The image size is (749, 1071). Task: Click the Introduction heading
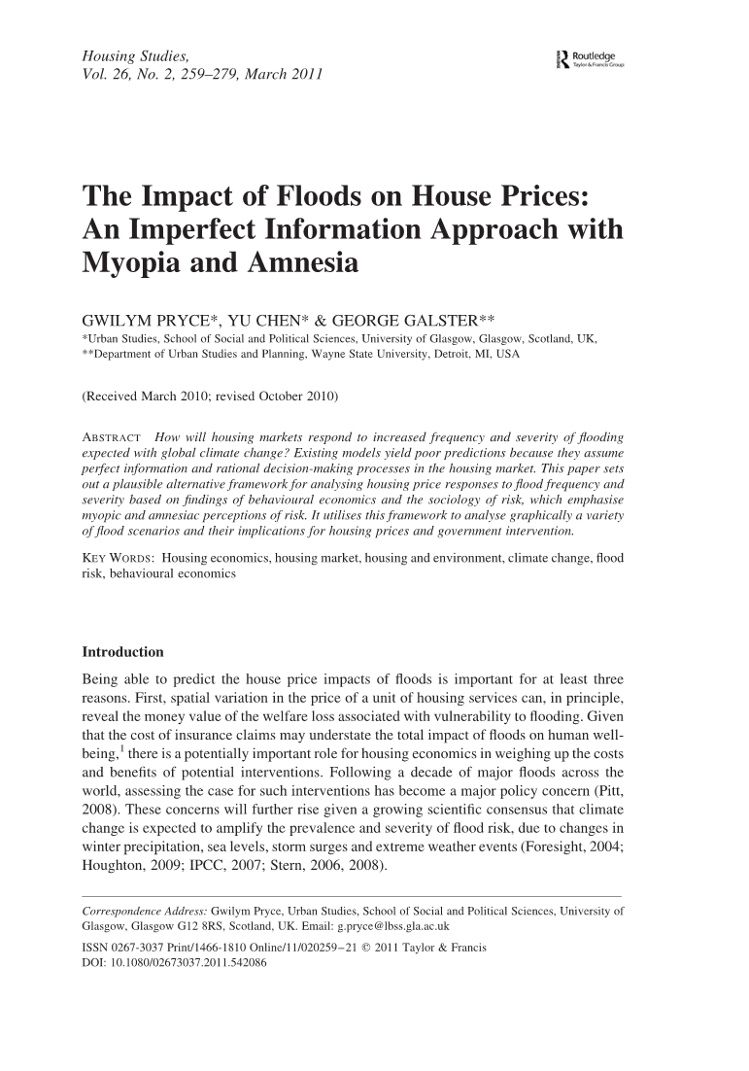tap(123, 651)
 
